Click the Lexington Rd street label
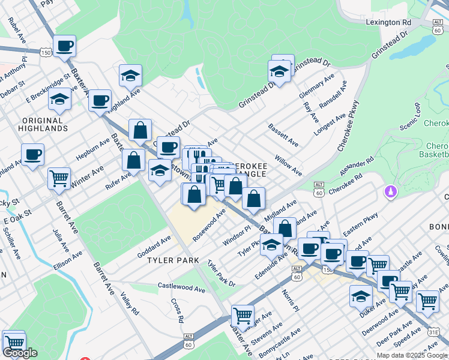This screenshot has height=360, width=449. tap(388, 22)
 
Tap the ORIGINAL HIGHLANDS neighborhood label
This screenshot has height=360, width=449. tap(43, 124)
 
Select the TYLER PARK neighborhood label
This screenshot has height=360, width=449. tap(175, 260)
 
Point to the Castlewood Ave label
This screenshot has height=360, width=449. tap(181, 287)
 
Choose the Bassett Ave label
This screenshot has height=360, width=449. tap(283, 136)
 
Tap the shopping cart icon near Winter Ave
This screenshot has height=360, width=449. tap(59, 177)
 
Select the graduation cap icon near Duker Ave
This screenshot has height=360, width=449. tap(361, 295)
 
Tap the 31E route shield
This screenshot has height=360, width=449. tap(433, 331)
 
